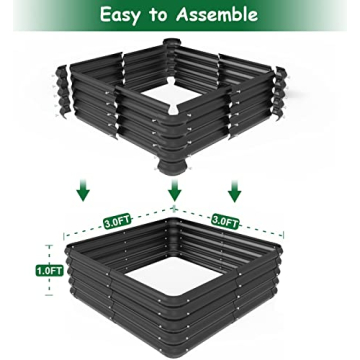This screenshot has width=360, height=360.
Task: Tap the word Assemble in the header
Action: click(215, 15)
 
